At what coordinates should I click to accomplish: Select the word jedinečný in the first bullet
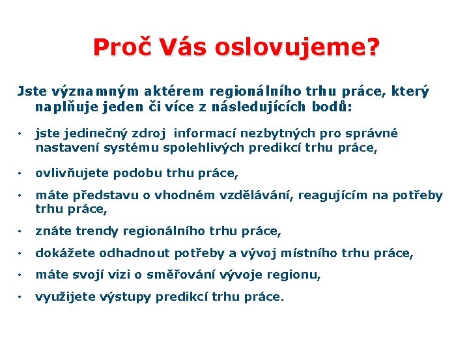click(91, 133)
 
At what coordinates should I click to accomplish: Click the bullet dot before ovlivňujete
click(21, 174)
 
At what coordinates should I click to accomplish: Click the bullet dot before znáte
click(21, 231)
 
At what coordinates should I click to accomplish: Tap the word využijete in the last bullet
click(64, 298)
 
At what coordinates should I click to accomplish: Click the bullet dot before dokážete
click(21, 253)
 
